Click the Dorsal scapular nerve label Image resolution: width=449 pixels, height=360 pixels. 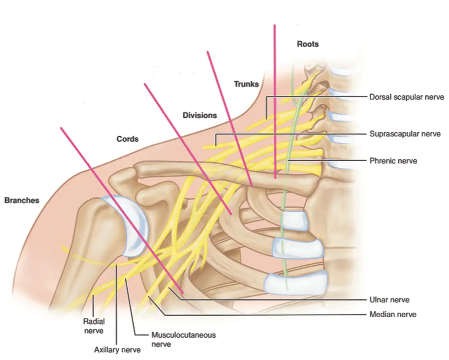pyautogui.click(x=406, y=97)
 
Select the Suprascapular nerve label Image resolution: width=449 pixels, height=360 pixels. pyautogui.click(x=405, y=134)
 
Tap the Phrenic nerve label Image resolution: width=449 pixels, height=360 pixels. pyautogui.click(x=393, y=161)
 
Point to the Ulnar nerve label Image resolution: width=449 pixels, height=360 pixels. pyautogui.click(x=390, y=300)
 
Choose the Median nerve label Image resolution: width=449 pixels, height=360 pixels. pyautogui.click(x=393, y=315)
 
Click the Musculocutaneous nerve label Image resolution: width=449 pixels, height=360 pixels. pyautogui.click(x=184, y=339)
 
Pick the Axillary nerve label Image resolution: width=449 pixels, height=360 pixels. pyautogui.click(x=117, y=350)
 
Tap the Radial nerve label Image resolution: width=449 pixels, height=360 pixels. pyautogui.click(x=94, y=326)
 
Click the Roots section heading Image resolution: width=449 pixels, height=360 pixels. pyautogui.click(x=308, y=44)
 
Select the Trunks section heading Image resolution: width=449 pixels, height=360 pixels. pyautogui.click(x=246, y=84)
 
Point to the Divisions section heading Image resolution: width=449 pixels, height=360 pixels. pyautogui.click(x=200, y=116)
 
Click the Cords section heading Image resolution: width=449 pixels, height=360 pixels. pyautogui.click(x=127, y=139)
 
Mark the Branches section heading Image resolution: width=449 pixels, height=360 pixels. pyautogui.click(x=22, y=201)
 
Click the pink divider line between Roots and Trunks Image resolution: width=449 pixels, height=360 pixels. pyautogui.click(x=275, y=102)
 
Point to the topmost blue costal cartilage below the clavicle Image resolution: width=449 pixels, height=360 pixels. pyautogui.click(x=293, y=220)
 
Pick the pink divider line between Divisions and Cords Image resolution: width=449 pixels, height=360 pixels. pyautogui.click(x=188, y=149)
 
